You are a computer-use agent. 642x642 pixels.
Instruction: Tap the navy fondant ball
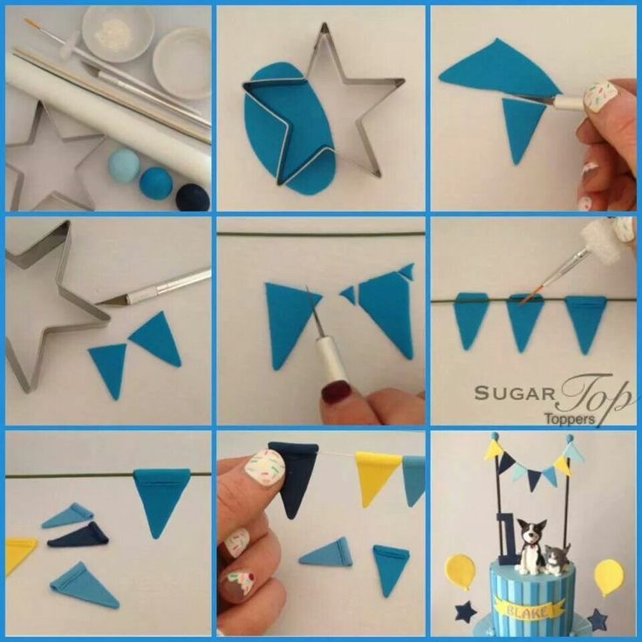point(193,198)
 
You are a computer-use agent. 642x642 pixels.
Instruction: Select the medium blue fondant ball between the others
point(155,183)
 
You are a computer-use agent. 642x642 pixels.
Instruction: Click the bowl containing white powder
point(118,34)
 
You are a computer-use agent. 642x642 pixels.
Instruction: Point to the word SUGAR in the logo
point(515,394)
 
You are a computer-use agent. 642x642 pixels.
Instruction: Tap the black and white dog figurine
point(529,546)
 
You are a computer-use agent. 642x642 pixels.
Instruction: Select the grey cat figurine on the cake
point(557,560)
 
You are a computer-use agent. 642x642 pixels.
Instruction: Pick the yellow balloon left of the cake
point(461,571)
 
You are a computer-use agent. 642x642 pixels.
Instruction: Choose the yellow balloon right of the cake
point(609,577)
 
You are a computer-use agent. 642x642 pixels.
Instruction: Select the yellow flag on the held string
point(376,475)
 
